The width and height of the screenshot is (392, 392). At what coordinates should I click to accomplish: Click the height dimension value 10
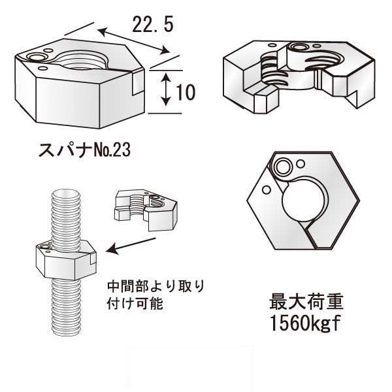tap(186, 92)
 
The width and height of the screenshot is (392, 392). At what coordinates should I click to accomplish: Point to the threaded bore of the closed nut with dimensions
tap(82, 64)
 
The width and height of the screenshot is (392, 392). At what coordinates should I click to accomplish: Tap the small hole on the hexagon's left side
tap(267, 189)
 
